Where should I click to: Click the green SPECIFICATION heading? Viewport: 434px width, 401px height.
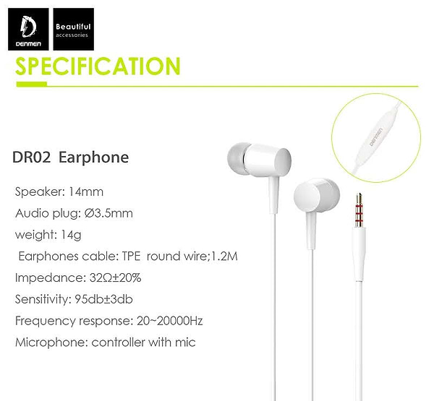click(x=98, y=66)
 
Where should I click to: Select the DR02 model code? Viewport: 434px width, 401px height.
click(x=31, y=157)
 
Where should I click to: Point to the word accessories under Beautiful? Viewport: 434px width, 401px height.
click(x=72, y=35)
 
